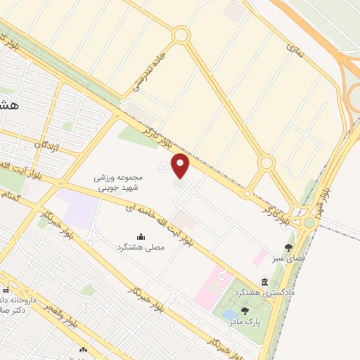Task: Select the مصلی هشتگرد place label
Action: click(x=139, y=248)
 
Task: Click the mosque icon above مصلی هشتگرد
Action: click(x=140, y=236)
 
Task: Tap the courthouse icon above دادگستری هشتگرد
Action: click(x=264, y=281)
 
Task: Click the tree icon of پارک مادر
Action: click(x=245, y=310)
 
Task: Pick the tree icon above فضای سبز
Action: click(x=288, y=247)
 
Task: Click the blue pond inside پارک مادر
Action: click(x=231, y=314)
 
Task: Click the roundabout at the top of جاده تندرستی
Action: click(x=181, y=34)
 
